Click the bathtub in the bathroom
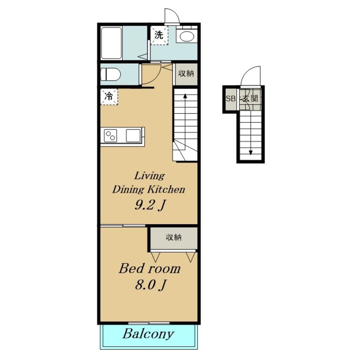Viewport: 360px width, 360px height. click(111, 43)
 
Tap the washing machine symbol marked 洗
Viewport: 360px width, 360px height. click(159, 35)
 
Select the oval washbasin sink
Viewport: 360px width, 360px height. click(186, 36)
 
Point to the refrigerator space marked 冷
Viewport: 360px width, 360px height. click(109, 97)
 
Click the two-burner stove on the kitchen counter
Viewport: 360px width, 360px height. click(111, 135)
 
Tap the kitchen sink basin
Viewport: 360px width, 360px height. click(133, 135)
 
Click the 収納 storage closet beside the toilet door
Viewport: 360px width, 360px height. click(186, 74)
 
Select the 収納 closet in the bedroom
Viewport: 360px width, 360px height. click(174, 238)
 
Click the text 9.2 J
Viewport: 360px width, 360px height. click(150, 205)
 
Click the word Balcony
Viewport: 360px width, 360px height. click(149, 334)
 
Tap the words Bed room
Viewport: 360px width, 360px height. click(149, 269)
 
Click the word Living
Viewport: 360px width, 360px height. click(149, 176)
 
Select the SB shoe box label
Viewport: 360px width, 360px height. click(230, 99)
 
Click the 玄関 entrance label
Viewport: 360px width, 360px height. click(250, 99)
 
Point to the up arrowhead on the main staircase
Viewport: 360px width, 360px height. click(185, 95)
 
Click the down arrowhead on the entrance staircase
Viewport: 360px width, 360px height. click(251, 152)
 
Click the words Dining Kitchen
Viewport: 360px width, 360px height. click(149, 190)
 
